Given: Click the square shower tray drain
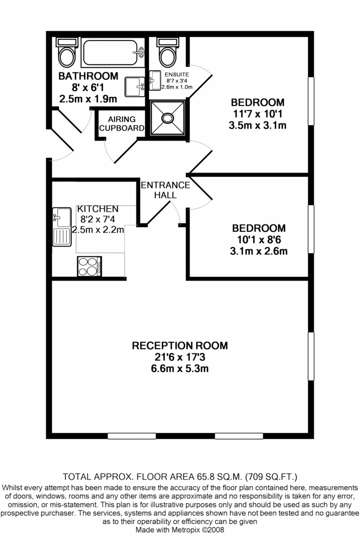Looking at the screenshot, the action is [167, 118].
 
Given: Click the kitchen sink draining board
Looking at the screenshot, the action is [62, 237].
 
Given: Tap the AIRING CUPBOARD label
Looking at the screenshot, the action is [122, 124].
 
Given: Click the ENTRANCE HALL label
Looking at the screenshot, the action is [166, 190].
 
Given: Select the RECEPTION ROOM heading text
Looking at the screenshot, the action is [180, 346].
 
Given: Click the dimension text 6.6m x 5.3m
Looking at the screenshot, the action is [180, 369].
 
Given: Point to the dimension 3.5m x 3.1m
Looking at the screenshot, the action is [258, 125].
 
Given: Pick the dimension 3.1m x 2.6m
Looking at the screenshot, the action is [259, 251].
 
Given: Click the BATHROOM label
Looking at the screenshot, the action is [88, 76].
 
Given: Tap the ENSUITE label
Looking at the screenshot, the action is [177, 74].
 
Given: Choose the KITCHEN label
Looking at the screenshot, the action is [98, 209].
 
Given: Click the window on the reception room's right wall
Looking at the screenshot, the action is [311, 356].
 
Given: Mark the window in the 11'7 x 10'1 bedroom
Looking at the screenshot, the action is [311, 101].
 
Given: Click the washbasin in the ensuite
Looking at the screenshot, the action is [155, 80].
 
